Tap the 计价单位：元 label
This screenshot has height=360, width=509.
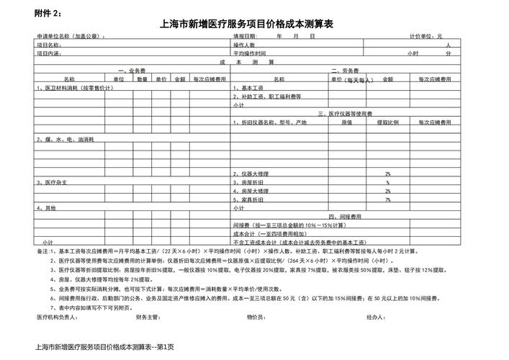[425, 35]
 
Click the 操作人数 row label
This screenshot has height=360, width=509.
[245, 45]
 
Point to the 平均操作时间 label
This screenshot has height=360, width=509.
[249, 53]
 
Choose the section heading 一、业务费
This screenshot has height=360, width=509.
[132, 71]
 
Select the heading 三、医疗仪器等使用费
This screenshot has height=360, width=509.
[344, 114]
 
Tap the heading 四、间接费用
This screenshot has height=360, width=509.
[344, 216]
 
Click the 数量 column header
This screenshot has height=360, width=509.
[143, 78]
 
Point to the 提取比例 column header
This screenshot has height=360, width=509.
[387, 122]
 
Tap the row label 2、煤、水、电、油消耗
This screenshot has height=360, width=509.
[60, 138]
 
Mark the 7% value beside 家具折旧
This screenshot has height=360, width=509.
[387, 199]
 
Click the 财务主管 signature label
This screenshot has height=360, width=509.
[146, 316]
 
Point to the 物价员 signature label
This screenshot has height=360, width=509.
[256, 316]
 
